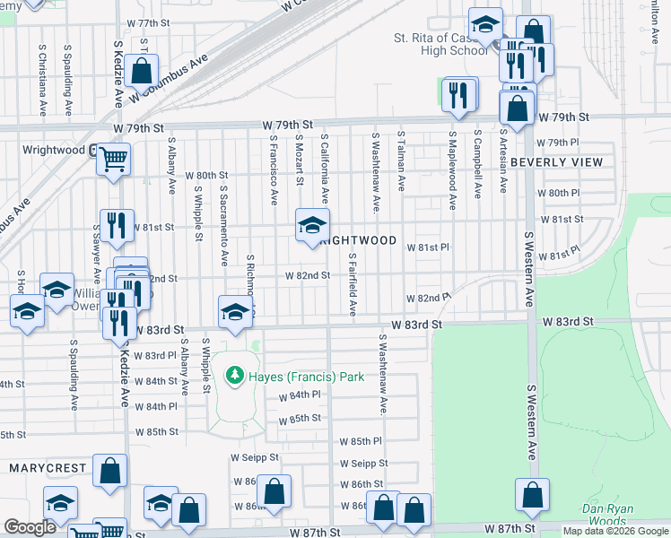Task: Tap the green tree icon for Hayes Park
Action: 235,374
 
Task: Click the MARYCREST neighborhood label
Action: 47,468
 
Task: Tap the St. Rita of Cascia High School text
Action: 440,44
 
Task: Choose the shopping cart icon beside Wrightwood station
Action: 113,161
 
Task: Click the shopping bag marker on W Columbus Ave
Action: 142,70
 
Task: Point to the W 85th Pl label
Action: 361,442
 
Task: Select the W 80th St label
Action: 206,176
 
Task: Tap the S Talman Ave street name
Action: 401,162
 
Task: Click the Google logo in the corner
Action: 30,527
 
